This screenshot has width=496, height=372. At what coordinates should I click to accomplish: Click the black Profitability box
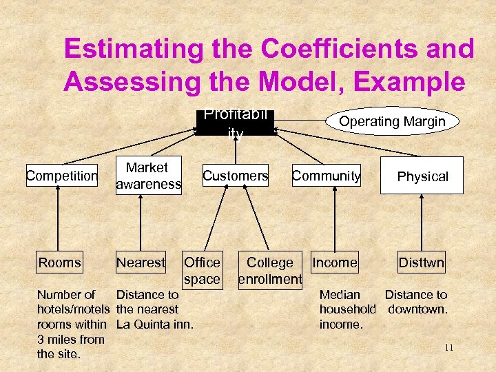point(235,123)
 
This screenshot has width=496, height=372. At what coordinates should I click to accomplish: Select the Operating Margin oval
point(392,121)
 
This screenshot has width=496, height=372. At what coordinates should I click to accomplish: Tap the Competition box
point(62,176)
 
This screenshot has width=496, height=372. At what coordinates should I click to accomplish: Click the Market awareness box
point(148,176)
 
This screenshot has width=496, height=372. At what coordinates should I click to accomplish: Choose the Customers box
point(235,176)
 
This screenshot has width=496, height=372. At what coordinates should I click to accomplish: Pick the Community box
point(326,176)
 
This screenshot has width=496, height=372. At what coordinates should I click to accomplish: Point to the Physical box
point(422,176)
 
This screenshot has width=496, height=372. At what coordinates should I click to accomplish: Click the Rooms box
point(60,262)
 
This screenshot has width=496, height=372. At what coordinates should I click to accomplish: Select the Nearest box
point(141,262)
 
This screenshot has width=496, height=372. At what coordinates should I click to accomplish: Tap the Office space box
point(203,270)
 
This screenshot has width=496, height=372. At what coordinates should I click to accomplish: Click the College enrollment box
point(270,270)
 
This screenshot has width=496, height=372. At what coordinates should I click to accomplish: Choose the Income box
point(335,262)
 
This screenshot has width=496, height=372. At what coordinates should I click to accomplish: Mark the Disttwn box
point(422,262)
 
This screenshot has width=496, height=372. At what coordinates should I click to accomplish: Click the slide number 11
point(448,348)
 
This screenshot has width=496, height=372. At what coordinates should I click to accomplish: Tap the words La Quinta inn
point(154,324)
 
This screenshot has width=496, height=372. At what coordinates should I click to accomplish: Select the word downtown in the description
point(417,309)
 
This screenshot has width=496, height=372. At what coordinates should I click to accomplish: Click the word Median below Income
point(340,295)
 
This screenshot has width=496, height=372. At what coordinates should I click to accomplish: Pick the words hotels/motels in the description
point(73,309)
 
